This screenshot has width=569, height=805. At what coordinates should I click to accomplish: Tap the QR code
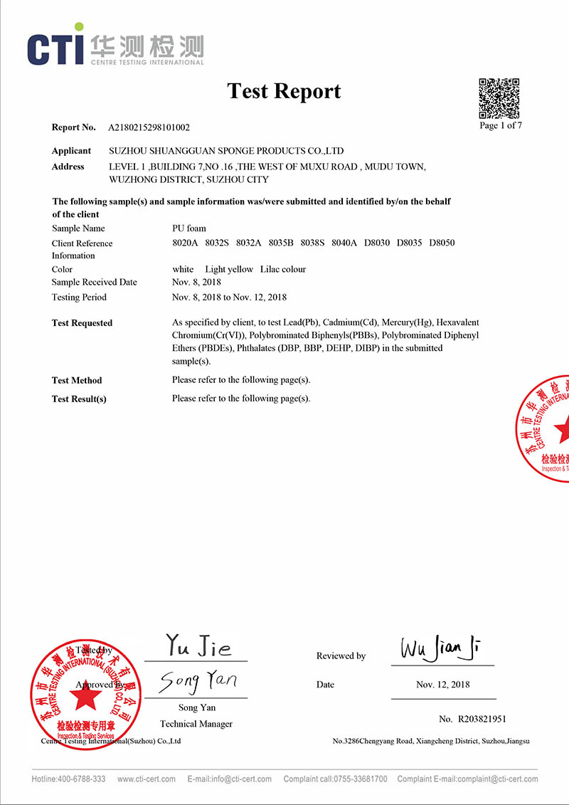click(x=499, y=98)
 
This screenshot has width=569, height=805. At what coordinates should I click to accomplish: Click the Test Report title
click(x=284, y=91)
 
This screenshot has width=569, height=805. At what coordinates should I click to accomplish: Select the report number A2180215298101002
click(x=149, y=128)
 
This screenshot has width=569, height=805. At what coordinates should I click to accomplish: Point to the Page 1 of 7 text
click(x=501, y=126)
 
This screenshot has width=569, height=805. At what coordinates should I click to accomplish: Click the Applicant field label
click(x=71, y=151)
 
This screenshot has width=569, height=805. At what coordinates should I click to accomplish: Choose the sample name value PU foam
click(x=189, y=228)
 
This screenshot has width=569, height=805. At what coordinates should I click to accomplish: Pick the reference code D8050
click(x=442, y=243)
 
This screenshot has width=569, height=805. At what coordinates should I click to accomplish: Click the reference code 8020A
click(x=185, y=243)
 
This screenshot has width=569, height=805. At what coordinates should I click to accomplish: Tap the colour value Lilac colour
click(x=283, y=269)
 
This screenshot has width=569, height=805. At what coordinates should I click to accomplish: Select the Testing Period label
click(x=79, y=297)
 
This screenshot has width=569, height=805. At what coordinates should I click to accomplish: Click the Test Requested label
click(x=82, y=323)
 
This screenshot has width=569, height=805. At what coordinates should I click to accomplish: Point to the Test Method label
click(x=77, y=380)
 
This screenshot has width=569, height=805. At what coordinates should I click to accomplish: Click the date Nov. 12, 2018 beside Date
click(x=442, y=685)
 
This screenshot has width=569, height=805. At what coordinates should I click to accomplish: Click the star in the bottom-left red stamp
click(x=86, y=698)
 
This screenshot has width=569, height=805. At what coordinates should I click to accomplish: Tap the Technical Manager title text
click(x=196, y=724)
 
